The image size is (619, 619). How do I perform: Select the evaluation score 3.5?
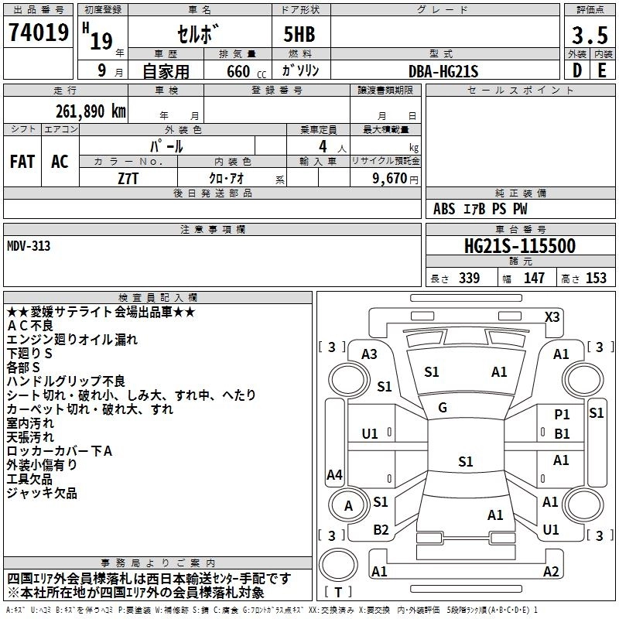click(x=588, y=35)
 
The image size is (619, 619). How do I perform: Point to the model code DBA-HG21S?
click(x=443, y=70)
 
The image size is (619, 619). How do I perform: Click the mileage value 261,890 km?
click(x=91, y=111)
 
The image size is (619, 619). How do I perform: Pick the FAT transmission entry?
click(x=22, y=161)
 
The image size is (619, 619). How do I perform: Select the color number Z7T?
click(x=128, y=178)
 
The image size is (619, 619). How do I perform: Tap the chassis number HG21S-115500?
click(x=519, y=246)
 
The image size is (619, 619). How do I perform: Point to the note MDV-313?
click(x=29, y=247)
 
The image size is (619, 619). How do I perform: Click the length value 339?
click(x=468, y=278)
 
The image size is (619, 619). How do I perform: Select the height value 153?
click(x=596, y=278)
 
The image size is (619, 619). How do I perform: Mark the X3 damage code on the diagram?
click(x=552, y=316)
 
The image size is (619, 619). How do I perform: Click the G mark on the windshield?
click(x=442, y=407)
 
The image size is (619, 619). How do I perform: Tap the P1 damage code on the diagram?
click(x=562, y=415)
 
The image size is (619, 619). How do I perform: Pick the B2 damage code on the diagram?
click(x=381, y=529)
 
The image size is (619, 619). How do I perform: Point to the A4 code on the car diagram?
click(x=334, y=474)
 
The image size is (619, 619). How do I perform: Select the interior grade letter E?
click(x=602, y=70)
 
